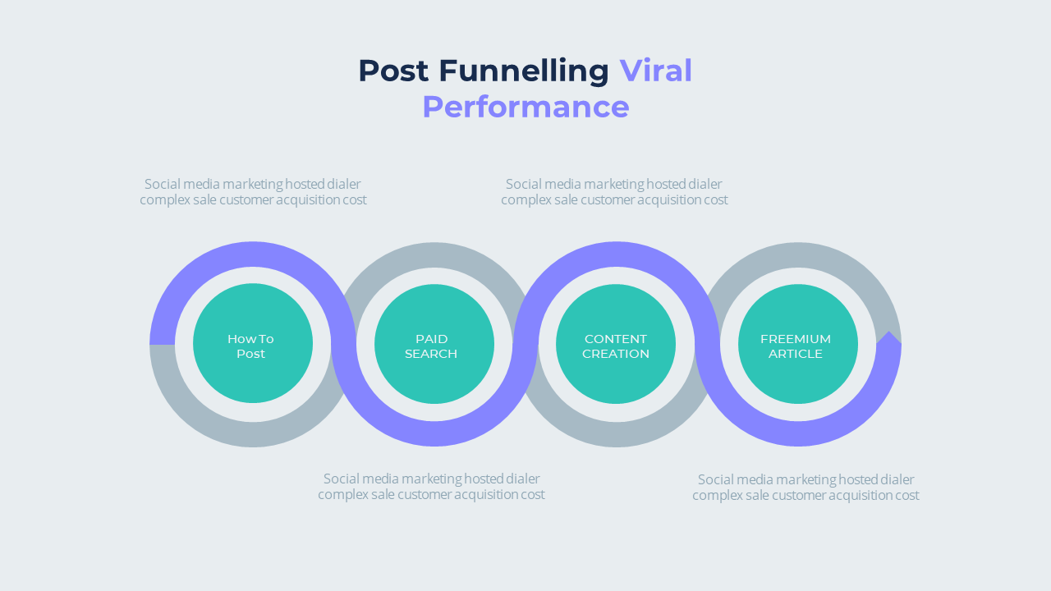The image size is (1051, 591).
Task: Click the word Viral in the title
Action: pyautogui.click(x=655, y=71)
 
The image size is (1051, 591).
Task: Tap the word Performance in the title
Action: pyautogui.click(x=525, y=108)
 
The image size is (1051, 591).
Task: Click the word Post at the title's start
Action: pyautogui.click(x=393, y=71)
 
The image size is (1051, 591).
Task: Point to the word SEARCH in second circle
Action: pyautogui.click(x=431, y=354)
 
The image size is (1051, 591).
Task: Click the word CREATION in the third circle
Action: pyautogui.click(x=616, y=354)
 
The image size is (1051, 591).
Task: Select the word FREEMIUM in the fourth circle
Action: pyautogui.click(x=796, y=339)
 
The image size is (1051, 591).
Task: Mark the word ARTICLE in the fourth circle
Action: pyautogui.click(x=796, y=354)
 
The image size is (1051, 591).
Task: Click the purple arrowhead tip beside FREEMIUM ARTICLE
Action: pyautogui.click(x=888, y=337)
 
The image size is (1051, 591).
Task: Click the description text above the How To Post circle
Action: pyautogui.click(x=253, y=192)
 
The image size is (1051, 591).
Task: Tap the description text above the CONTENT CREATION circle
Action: pyautogui.click(x=614, y=192)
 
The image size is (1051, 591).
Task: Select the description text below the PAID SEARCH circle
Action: pyautogui.click(x=431, y=487)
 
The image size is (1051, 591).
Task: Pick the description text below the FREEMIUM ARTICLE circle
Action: pyautogui.click(x=805, y=488)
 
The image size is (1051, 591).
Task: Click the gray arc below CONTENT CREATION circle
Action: pyautogui.click(x=616, y=435)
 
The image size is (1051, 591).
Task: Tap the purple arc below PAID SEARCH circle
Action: pyautogui.click(x=434, y=434)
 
